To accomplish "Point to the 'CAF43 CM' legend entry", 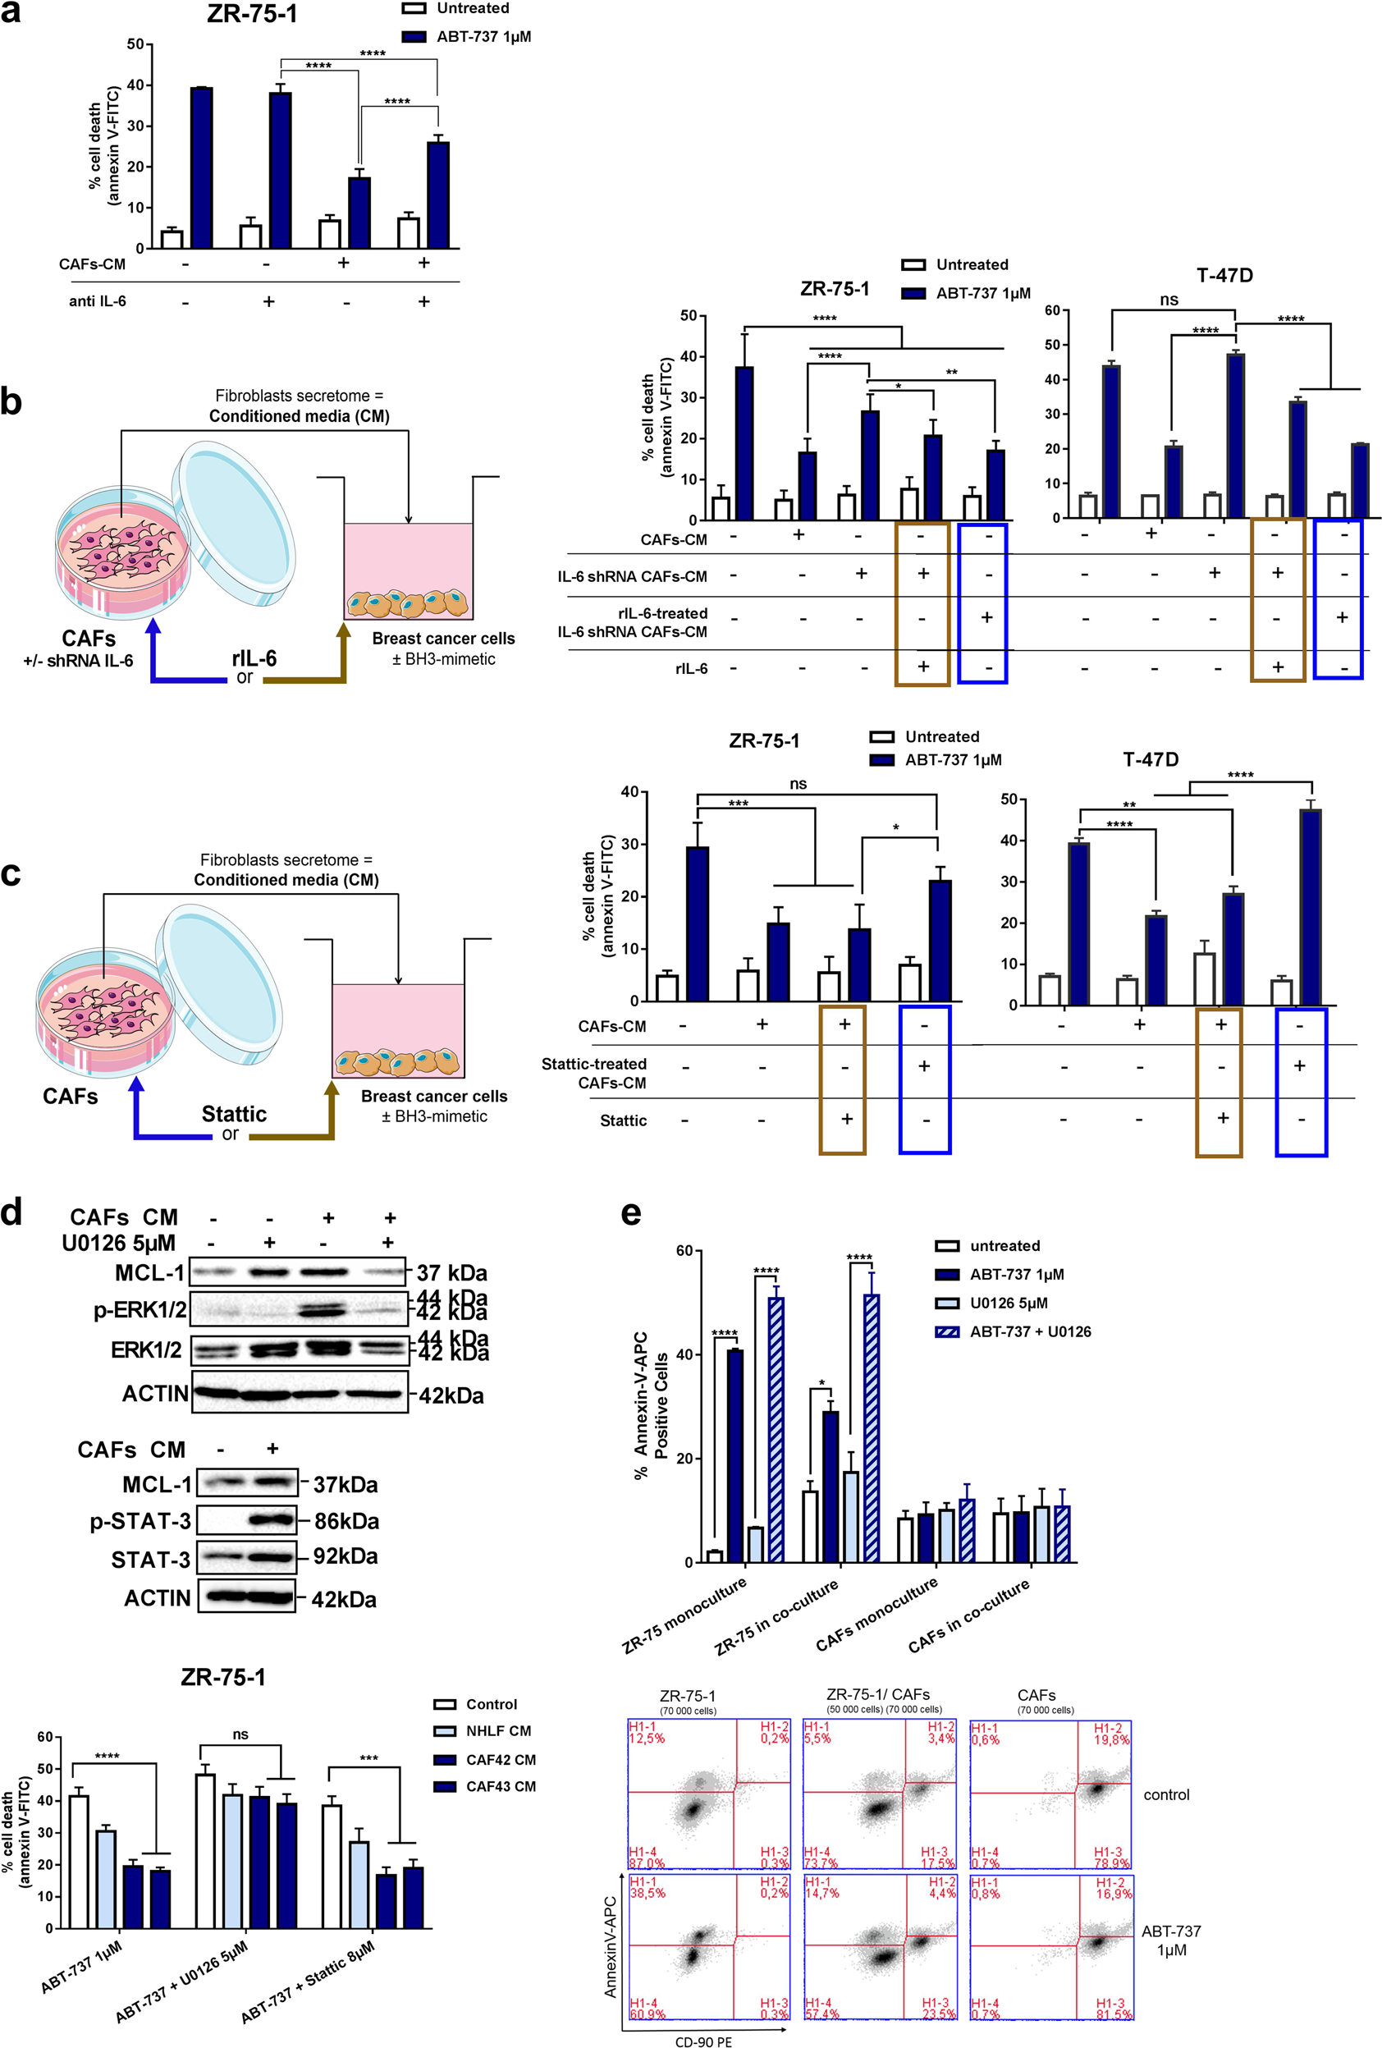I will coord(500,1786).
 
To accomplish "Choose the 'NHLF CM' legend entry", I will coord(497,1731).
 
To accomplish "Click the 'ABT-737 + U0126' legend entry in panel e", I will coord(1029,1331).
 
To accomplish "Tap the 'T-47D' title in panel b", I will coord(1224,276).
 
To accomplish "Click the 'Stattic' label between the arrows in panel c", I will coord(233,1114).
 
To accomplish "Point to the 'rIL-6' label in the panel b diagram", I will coord(254,658).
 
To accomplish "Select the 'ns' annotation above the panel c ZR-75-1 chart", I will coord(798,783).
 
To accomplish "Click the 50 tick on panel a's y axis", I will coord(135,44).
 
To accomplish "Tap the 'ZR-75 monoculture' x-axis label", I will coord(684,1615).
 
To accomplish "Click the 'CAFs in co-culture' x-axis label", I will coord(969,1615).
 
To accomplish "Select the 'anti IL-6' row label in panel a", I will coord(97,301).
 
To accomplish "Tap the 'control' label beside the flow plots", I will coord(1165,1795).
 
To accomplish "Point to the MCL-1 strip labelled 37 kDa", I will coord(300,1271).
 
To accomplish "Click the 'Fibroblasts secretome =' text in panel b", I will coord(299,396).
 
